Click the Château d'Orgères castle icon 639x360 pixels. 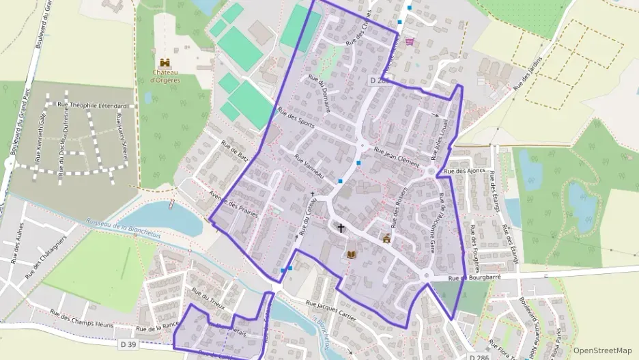[x=165, y=62]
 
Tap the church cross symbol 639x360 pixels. [x=340, y=227]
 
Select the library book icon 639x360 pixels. [x=351, y=254]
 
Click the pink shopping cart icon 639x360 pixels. [x=409, y=42]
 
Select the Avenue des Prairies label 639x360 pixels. [x=234, y=202]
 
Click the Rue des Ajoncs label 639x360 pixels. [x=464, y=171]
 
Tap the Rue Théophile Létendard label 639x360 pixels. [x=93, y=106]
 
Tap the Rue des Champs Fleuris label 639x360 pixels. [x=82, y=318]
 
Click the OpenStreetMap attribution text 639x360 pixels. [x=602, y=350]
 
